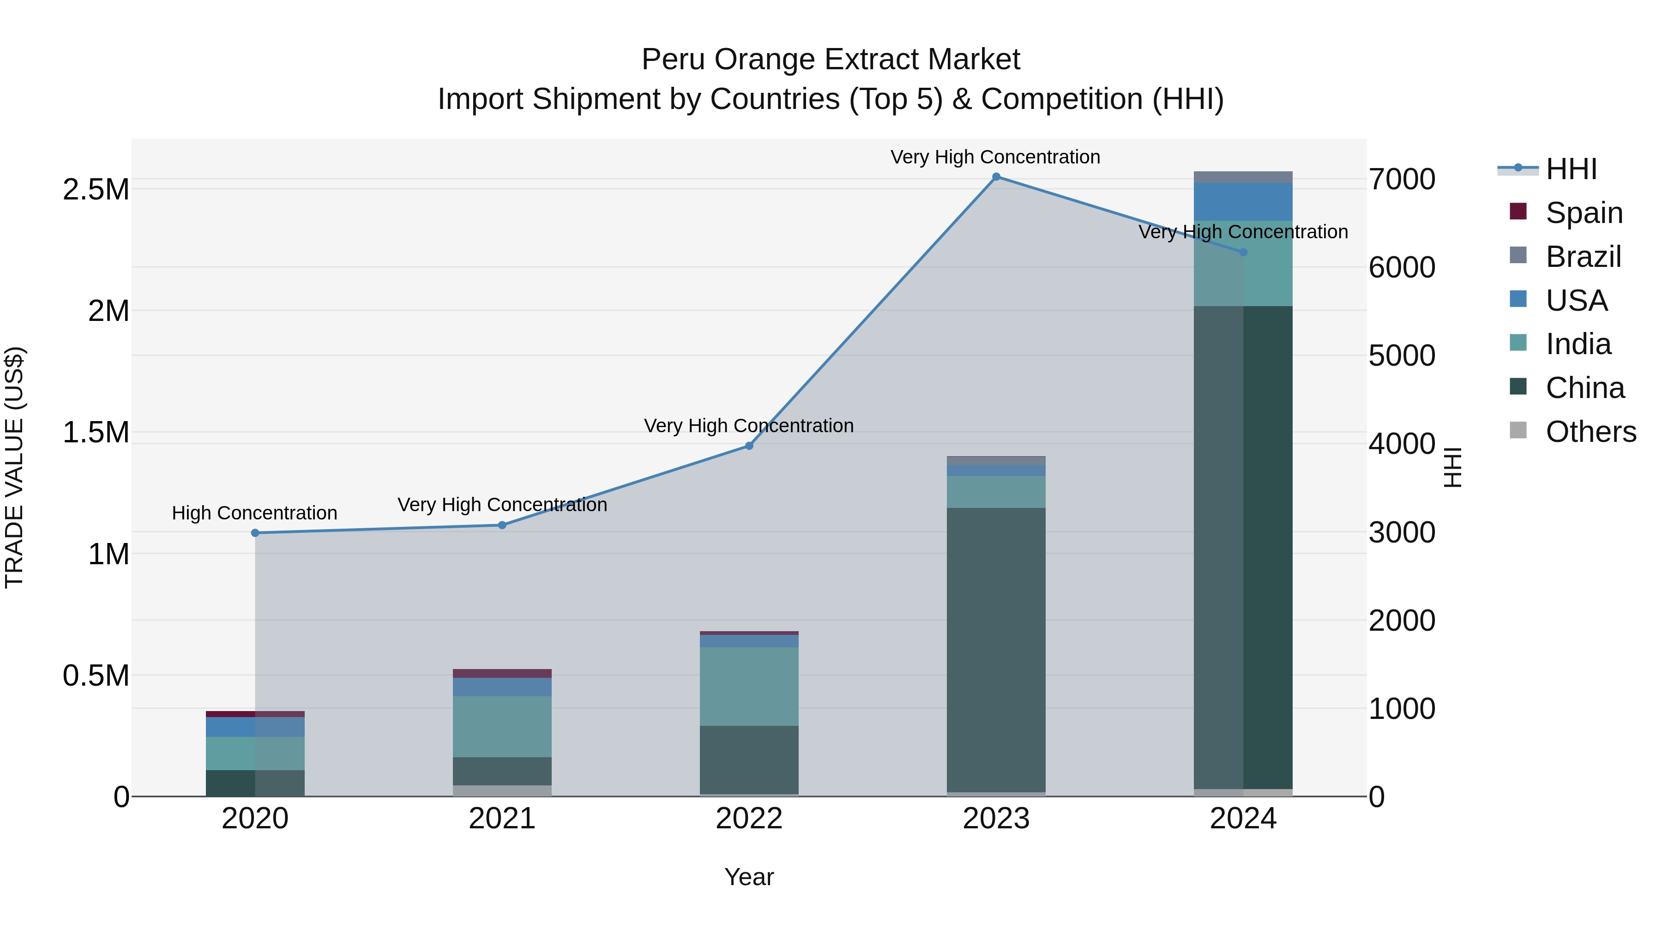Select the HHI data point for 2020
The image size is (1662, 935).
point(255,533)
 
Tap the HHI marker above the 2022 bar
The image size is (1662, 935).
point(749,446)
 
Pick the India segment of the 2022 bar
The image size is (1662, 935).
point(749,686)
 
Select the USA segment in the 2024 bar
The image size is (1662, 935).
point(1243,202)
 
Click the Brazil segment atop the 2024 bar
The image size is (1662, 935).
point(1243,177)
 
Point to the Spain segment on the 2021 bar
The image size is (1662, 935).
point(502,673)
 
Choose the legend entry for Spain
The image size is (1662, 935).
point(1584,213)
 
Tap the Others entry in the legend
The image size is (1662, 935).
point(1590,432)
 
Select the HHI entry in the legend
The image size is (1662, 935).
point(1571,169)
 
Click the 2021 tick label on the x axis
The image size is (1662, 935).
point(502,819)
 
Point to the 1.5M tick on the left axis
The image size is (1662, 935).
point(96,432)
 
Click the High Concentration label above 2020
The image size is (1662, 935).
point(254,513)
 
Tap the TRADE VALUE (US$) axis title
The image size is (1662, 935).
point(14,467)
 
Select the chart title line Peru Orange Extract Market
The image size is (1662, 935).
point(831,60)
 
